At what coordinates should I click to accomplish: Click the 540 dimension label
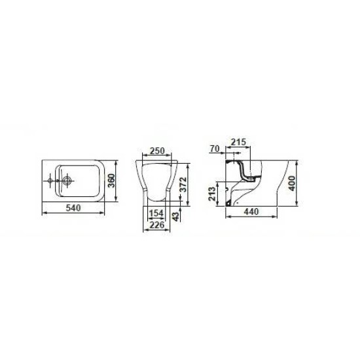(73, 208)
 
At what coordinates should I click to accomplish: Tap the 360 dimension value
(111, 181)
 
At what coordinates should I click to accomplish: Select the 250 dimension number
(157, 151)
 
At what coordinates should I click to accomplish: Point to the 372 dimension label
(183, 185)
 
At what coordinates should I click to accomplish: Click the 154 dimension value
(156, 213)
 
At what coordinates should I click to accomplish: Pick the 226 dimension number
(157, 225)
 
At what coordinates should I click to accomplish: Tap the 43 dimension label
(175, 217)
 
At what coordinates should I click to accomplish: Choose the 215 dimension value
(238, 142)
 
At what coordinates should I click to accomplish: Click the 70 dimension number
(215, 149)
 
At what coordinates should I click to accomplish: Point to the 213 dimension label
(212, 194)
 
